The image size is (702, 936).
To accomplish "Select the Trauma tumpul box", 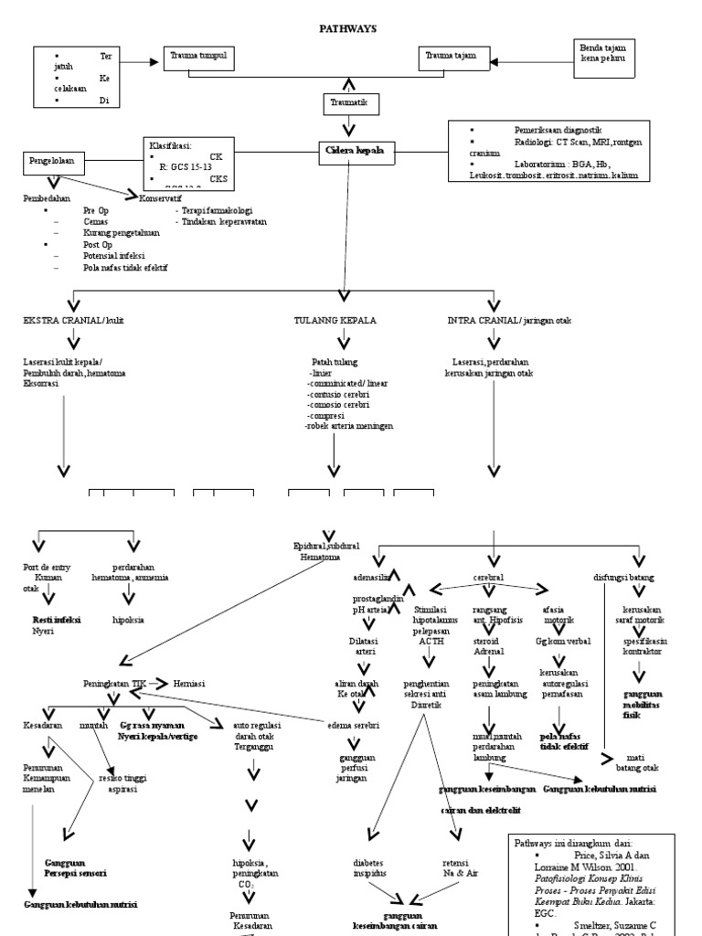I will [x=200, y=58].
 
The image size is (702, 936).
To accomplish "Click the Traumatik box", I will [x=346, y=104].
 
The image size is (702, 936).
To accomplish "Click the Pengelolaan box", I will [x=54, y=164].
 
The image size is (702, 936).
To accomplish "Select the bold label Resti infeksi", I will [x=57, y=620].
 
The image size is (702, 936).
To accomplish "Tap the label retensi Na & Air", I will [x=458, y=867].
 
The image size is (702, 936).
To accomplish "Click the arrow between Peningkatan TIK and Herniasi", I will [x=157, y=682].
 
